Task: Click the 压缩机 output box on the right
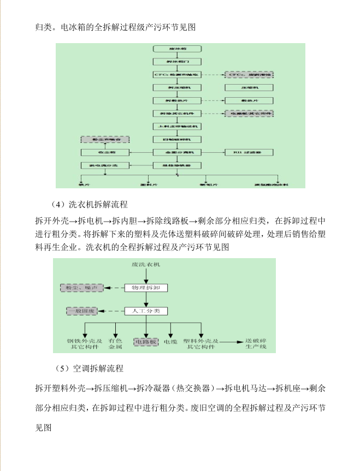[249, 87]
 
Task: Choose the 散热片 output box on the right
[249, 100]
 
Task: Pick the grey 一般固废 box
[82, 311]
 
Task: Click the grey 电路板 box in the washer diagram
[146, 342]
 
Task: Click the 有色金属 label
[115, 343]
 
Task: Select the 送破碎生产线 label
[256, 343]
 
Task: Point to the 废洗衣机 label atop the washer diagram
[146, 265]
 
